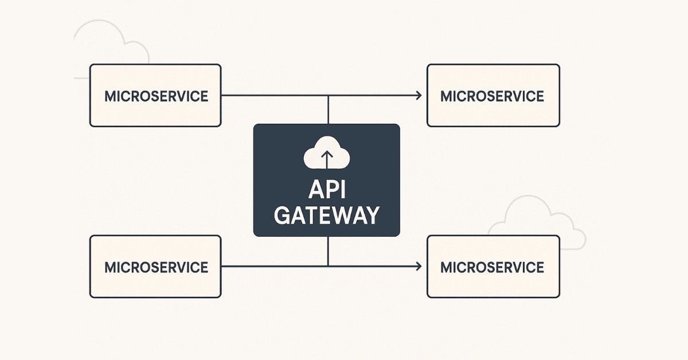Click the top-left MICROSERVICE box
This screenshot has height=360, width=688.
point(155,95)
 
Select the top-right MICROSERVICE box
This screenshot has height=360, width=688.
point(493,95)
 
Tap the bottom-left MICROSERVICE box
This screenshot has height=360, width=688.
point(155,267)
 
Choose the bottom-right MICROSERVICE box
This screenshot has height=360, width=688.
point(493,267)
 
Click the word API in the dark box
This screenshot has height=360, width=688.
point(326,189)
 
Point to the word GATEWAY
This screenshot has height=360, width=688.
point(326,216)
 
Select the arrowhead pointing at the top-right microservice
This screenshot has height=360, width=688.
point(419,96)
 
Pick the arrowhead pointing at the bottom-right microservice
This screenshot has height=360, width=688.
point(419,266)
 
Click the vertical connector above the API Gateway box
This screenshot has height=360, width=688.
point(328,110)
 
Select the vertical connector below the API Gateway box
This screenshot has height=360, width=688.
point(328,251)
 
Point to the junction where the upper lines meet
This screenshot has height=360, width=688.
point(328,96)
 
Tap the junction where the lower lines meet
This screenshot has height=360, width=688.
point(328,266)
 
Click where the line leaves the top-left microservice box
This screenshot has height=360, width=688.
point(222,96)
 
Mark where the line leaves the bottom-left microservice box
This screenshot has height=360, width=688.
point(222,266)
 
